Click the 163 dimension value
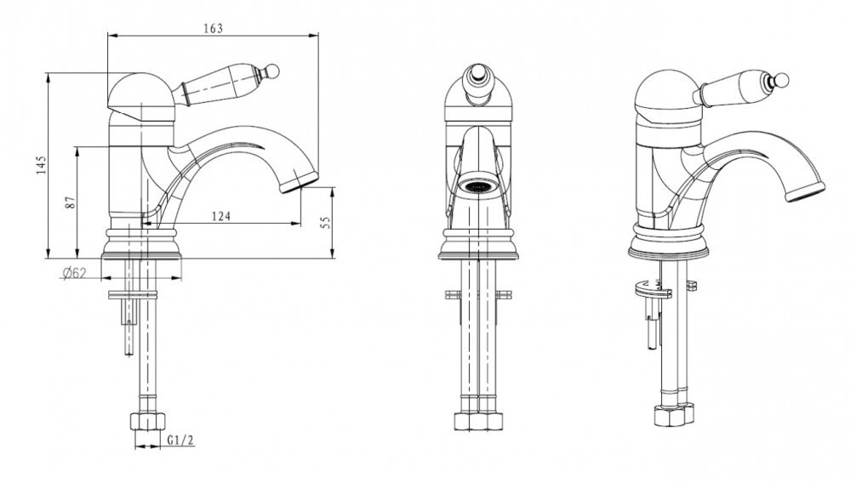coord(213,28)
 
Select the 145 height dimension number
coord(42,165)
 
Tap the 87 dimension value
coord(70,202)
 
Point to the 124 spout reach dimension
coord(221,216)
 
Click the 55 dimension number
coord(326,222)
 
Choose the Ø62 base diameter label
coord(74,273)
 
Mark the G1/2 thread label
coord(180,440)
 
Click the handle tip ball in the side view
coord(273,71)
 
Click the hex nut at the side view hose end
coord(147,421)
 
